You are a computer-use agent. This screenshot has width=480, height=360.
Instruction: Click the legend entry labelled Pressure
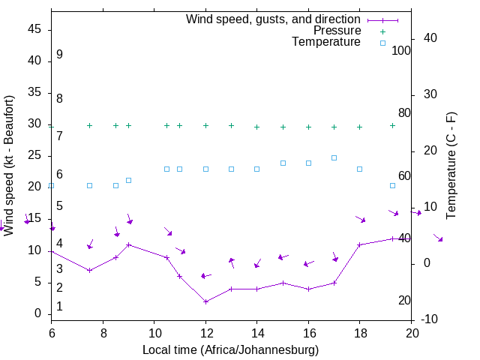[x=337, y=31]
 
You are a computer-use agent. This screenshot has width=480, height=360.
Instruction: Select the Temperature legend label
[x=326, y=42]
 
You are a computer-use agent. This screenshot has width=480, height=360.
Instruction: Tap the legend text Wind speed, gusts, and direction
[x=273, y=19]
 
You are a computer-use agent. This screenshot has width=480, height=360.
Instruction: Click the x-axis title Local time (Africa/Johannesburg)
[x=230, y=349]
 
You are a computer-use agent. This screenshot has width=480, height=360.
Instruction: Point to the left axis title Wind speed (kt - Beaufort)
[x=9, y=166]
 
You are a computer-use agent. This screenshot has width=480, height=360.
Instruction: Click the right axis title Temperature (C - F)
[x=451, y=166]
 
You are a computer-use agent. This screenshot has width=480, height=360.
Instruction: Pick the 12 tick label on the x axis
[x=205, y=330]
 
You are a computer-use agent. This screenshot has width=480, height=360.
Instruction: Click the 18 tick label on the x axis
[x=359, y=330]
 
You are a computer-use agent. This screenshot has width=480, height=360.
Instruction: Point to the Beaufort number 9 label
[x=59, y=55]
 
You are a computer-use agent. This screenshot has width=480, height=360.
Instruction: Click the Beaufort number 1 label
[x=59, y=306]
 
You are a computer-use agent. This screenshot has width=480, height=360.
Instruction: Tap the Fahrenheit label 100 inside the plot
[x=401, y=51]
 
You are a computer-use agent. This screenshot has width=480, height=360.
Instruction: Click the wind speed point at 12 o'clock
[x=205, y=301]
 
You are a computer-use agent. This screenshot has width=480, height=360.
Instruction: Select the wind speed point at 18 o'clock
[x=359, y=244]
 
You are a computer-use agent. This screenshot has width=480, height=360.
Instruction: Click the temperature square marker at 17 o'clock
[x=334, y=157]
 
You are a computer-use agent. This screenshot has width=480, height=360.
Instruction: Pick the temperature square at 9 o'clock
[x=128, y=180]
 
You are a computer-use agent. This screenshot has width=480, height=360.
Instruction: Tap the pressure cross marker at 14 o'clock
[x=256, y=127]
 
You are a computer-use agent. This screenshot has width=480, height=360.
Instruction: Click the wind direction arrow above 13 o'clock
[x=232, y=262]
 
